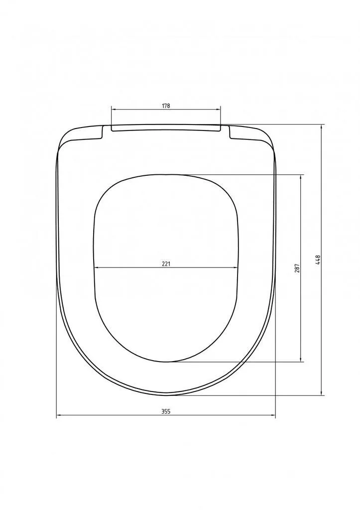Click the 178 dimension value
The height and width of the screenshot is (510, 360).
tap(166, 106)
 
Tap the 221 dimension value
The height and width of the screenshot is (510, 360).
tap(166, 264)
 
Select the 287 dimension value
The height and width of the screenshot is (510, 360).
tap(297, 267)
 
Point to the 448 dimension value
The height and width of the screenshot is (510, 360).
tap(318, 259)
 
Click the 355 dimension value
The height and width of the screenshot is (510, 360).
tap(166, 411)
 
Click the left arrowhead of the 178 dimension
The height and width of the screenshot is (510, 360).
tap(114, 110)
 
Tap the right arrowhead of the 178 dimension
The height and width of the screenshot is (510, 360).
tap(219, 110)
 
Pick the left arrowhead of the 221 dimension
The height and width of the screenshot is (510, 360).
tap(96, 267)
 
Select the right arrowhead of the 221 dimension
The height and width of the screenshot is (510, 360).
tap(236, 267)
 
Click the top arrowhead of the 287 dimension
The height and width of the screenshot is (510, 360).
tap(300, 177)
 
